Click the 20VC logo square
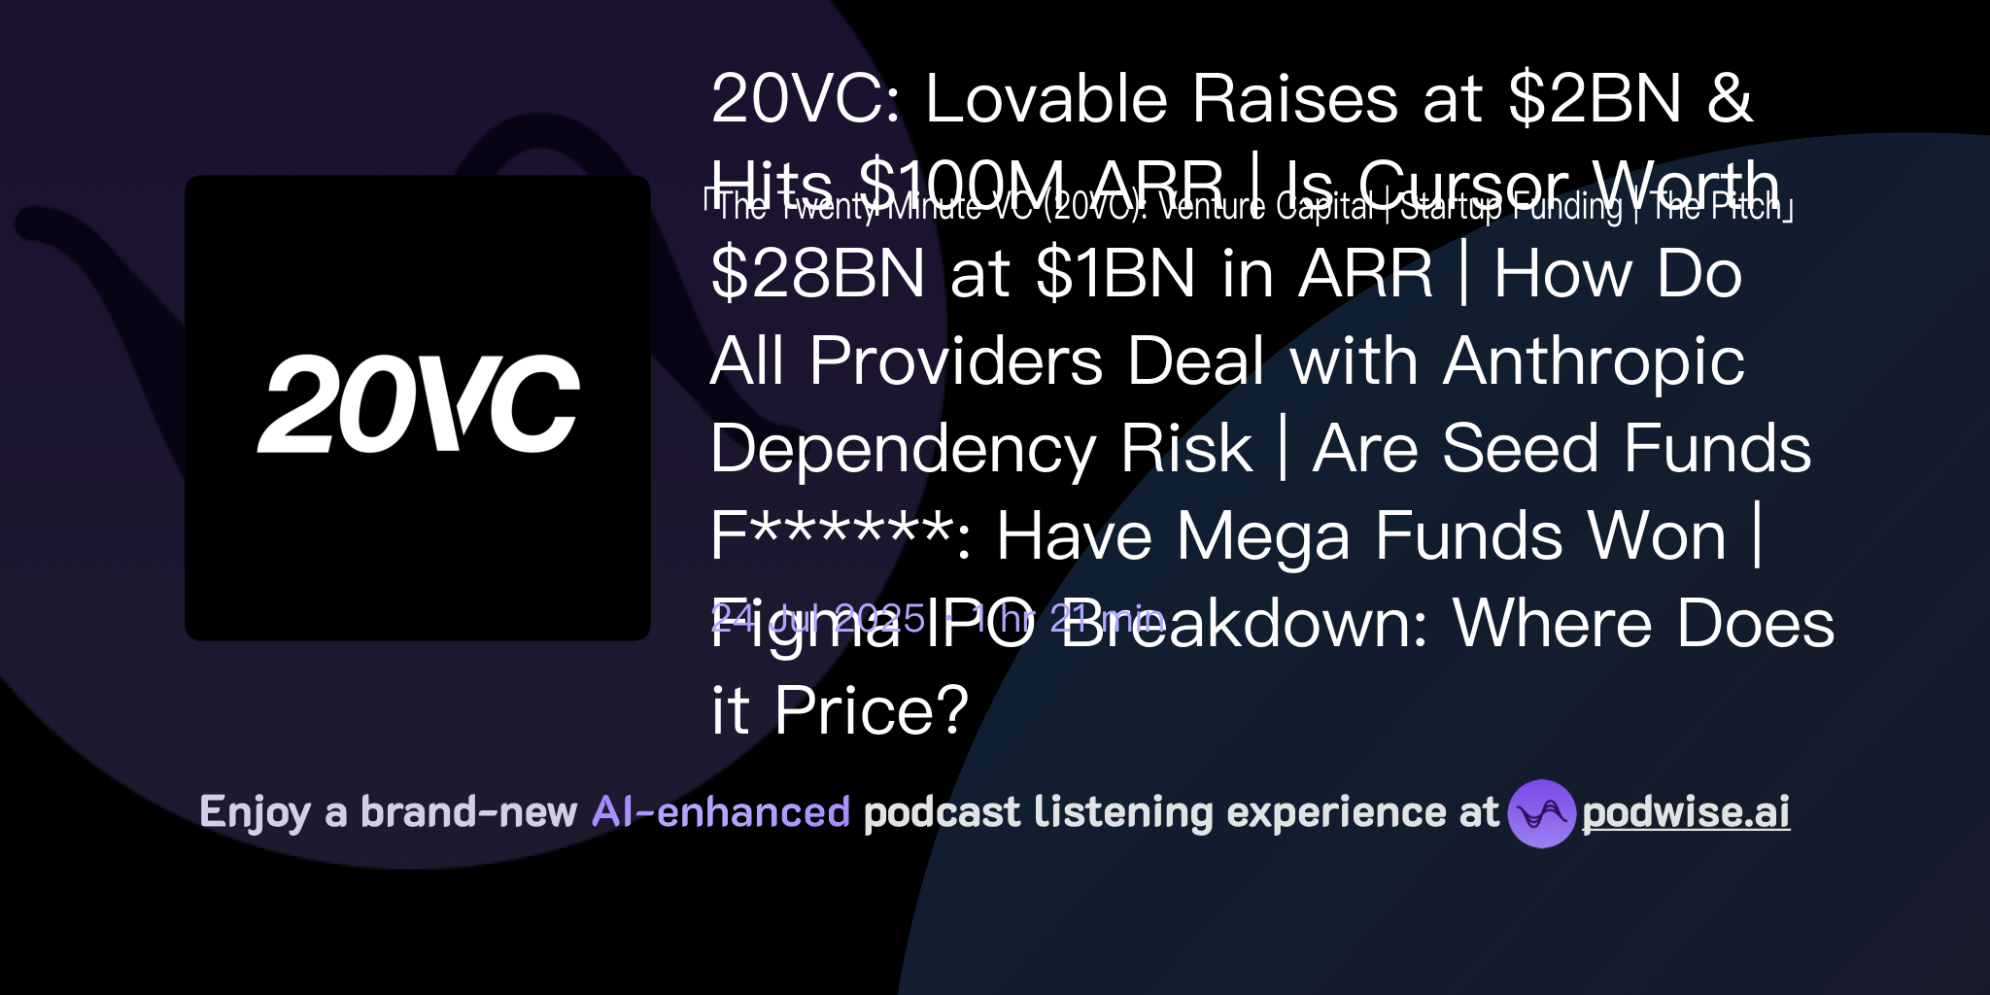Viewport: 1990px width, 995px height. [x=418, y=408]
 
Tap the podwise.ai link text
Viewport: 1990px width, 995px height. [x=1686, y=813]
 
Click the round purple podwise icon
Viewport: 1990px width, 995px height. [x=1541, y=813]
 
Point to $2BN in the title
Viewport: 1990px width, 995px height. [x=1595, y=99]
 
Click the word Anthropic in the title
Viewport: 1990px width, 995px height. [x=1594, y=361]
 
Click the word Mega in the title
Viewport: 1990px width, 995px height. [x=1263, y=536]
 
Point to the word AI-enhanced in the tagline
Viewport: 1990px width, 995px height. [x=721, y=812]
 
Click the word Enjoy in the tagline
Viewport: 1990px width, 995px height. [x=255, y=812]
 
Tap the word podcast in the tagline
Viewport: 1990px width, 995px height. [x=942, y=812]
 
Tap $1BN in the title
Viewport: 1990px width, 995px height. [x=1115, y=274]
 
